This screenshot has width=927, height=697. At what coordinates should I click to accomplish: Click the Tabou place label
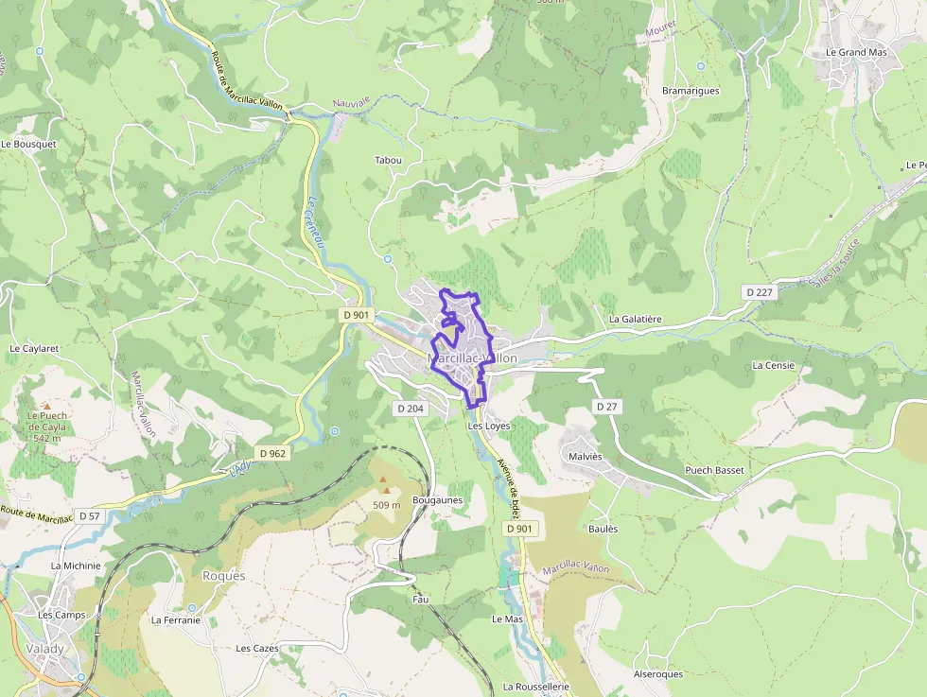[x=388, y=160]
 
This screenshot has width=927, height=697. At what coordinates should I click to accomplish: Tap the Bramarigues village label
[x=691, y=91]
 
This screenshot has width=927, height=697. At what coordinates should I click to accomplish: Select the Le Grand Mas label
[x=856, y=52]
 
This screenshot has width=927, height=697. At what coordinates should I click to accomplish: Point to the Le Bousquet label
[x=28, y=144]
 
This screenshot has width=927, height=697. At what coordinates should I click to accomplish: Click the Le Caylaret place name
[x=34, y=348]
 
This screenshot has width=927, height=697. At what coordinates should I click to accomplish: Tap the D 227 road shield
[x=759, y=292]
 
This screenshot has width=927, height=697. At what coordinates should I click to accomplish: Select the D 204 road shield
[x=410, y=408]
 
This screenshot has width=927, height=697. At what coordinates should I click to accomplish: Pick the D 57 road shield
[x=89, y=515]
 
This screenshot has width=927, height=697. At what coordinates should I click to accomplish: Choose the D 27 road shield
[x=606, y=406]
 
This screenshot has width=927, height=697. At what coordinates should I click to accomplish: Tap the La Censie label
[x=773, y=365]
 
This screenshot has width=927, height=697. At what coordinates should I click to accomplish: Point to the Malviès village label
[x=586, y=456]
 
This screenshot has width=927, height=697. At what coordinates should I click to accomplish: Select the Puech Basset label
[x=714, y=470]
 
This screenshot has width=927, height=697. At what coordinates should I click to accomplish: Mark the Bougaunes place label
[x=437, y=499]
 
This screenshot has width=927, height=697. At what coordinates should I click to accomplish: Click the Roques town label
[x=223, y=576]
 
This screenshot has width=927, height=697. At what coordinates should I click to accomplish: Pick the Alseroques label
[x=657, y=674]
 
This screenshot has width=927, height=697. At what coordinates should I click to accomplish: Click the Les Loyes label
[x=489, y=426]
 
